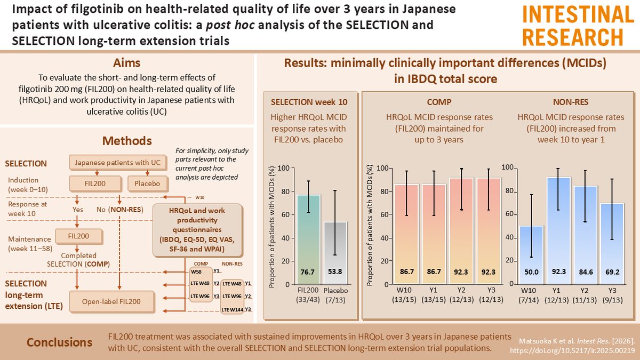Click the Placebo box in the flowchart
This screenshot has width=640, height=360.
pos(147,184)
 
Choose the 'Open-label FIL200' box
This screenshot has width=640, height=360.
pos(112,301)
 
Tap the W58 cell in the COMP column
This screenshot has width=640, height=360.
pos(196,271)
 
